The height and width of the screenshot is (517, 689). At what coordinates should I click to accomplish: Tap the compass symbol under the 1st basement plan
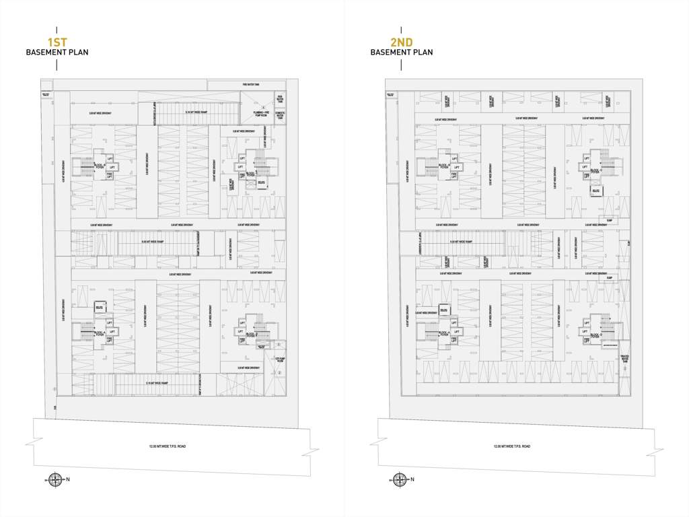click(55, 479)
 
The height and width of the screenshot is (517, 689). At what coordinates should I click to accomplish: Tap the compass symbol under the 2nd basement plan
click(399, 479)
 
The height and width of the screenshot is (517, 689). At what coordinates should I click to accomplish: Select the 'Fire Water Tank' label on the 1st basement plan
click(251, 85)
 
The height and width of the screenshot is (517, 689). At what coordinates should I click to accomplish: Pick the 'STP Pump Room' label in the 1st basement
click(280, 359)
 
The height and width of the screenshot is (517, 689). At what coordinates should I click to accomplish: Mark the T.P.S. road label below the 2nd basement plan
click(511, 446)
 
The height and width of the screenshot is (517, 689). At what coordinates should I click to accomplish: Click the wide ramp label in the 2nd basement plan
click(461, 242)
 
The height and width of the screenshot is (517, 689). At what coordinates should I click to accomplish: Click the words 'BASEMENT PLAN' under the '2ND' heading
click(402, 53)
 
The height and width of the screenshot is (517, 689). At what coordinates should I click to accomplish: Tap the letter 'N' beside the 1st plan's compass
click(68, 479)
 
